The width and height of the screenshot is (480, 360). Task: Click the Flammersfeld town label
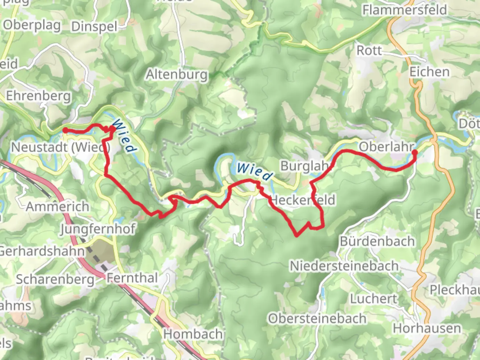[x=405, y=10]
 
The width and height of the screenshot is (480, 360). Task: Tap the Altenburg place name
[x=177, y=74]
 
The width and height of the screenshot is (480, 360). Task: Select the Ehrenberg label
[x=39, y=96]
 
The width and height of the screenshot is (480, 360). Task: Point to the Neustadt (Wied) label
[x=61, y=147]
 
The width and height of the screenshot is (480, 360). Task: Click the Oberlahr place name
[x=387, y=146]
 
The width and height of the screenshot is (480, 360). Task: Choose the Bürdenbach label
[x=377, y=241]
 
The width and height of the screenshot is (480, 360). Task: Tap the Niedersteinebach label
[x=344, y=266]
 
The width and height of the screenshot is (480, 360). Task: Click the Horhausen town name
[x=427, y=328]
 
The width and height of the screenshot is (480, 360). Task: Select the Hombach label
[x=193, y=334]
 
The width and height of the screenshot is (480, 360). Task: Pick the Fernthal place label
[x=132, y=278]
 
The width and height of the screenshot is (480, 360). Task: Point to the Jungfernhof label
[x=98, y=229]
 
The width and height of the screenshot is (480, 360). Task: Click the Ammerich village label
[x=58, y=207]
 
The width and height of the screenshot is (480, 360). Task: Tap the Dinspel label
[x=94, y=27]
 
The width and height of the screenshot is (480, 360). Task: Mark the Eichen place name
[x=429, y=72]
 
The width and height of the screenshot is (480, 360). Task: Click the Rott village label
[x=369, y=51]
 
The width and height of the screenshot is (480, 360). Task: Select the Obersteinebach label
[x=317, y=319]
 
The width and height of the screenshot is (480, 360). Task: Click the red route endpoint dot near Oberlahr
[x=415, y=152]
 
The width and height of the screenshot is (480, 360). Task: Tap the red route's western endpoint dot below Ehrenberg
[x=65, y=130]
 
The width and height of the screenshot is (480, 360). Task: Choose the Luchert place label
[x=373, y=299]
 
